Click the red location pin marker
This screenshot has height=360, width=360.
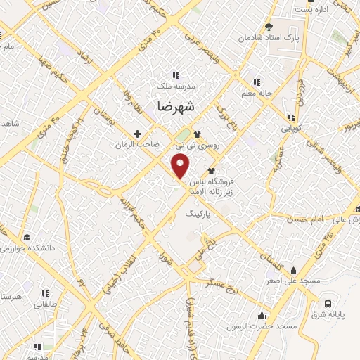181,166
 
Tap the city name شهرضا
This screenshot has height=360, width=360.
173,105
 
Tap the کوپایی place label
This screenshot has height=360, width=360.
292,129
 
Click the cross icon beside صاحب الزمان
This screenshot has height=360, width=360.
137,133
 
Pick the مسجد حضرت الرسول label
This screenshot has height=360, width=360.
267,328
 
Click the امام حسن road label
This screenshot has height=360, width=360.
304,220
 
